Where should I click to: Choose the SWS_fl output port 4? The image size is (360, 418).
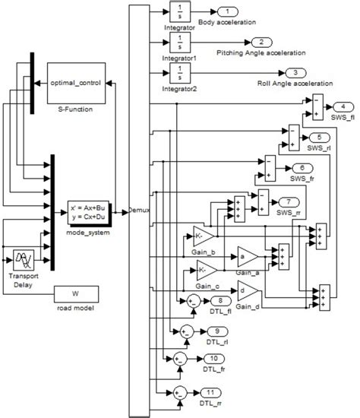346,106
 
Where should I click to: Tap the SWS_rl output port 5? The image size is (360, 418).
319,136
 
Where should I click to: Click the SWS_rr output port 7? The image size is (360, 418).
289,201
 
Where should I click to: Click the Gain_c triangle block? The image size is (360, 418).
205,269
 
